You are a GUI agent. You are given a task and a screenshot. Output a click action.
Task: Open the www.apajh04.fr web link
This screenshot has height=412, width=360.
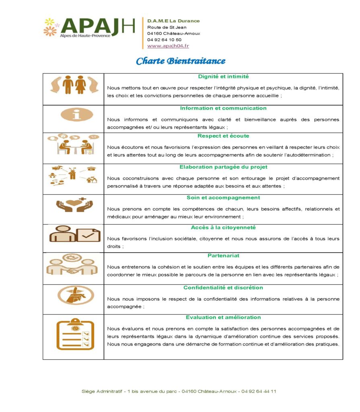click(x=168, y=46)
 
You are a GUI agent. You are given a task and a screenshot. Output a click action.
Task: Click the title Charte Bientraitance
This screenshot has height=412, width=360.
click(x=180, y=61)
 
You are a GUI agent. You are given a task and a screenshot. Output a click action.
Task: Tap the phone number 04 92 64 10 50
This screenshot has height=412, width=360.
click(x=164, y=40)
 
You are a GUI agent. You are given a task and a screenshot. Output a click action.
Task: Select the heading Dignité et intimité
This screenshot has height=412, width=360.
click(x=223, y=76)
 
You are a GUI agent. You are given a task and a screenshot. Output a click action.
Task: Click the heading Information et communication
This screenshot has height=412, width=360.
click(x=223, y=108)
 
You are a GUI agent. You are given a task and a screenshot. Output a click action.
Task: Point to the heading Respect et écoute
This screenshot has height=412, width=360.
click(x=223, y=136)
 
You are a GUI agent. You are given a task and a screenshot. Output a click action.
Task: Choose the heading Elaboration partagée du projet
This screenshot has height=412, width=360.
click(x=223, y=167)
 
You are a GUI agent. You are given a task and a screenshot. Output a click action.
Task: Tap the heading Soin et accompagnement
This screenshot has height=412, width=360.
click(x=223, y=198)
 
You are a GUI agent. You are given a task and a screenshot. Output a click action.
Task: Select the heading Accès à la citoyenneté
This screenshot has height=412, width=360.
click(x=223, y=227)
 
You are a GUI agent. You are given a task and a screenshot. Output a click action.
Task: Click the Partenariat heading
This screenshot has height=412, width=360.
click(x=223, y=255)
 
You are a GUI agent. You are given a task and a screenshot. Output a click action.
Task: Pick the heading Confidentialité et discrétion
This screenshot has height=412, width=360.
click(x=223, y=288)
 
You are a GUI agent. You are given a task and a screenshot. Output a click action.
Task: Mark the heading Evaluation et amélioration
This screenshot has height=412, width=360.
click(x=223, y=317)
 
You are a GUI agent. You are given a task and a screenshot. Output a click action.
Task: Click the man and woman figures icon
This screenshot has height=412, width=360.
click(x=74, y=85)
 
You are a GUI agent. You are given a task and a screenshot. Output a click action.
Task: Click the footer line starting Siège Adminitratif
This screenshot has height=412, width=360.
click(x=179, y=391)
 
